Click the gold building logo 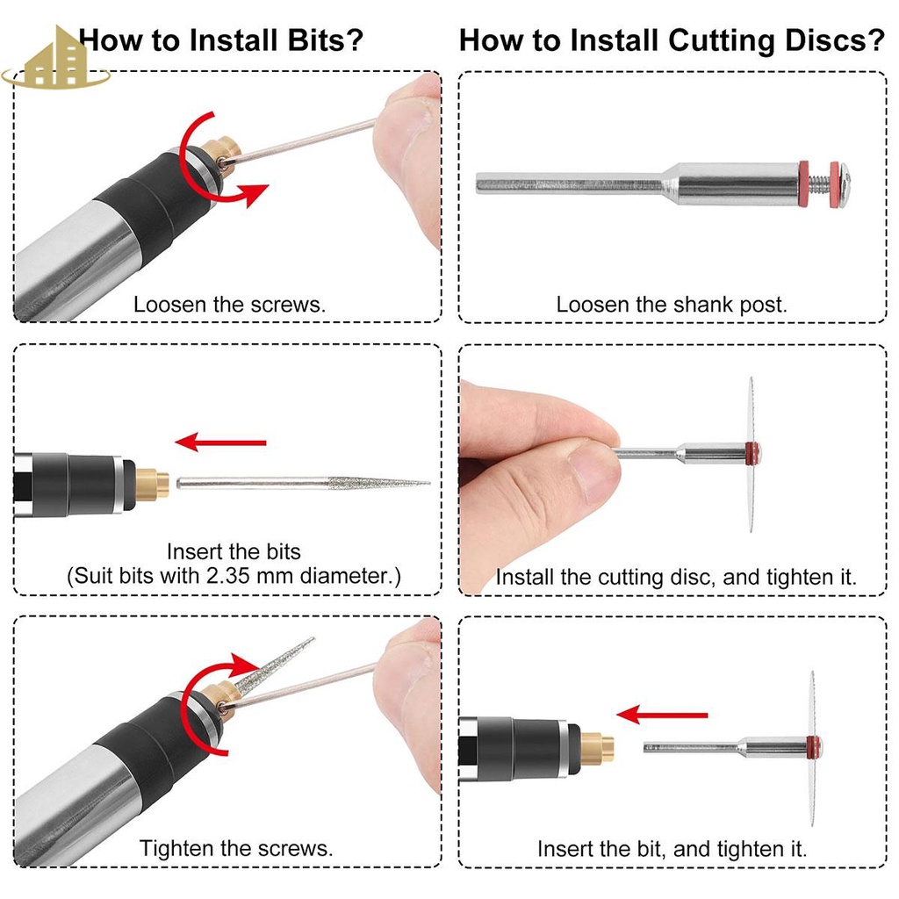pyautogui.click(x=55, y=61)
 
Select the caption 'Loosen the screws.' pyautogui.click(x=229, y=305)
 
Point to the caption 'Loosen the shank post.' pyautogui.click(x=672, y=305)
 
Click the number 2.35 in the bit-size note pyautogui.click(x=228, y=576)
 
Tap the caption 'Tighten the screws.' pyautogui.click(x=235, y=848)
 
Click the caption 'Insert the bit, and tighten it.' pyautogui.click(x=672, y=849)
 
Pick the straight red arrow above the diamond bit pyautogui.click(x=220, y=442)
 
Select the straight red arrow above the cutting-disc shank pyautogui.click(x=662, y=715)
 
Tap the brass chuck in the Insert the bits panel pyautogui.click(x=152, y=485)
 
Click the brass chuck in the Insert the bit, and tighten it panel pyautogui.click(x=597, y=748)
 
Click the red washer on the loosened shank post pyautogui.click(x=805, y=184)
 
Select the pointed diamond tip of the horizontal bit pyautogui.click(x=428, y=484)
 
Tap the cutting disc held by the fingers pyautogui.click(x=752, y=454)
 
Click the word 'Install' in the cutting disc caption pyautogui.click(x=525, y=576)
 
